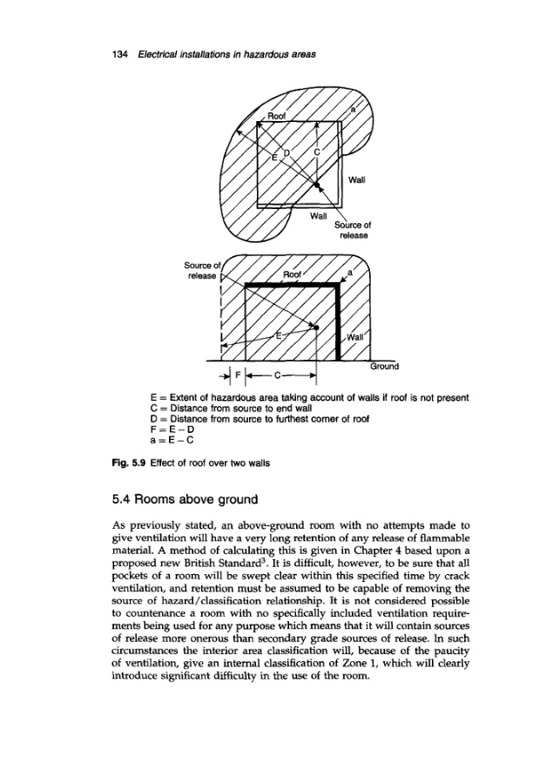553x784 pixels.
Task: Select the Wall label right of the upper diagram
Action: tap(355, 182)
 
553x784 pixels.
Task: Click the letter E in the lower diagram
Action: tap(278, 335)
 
